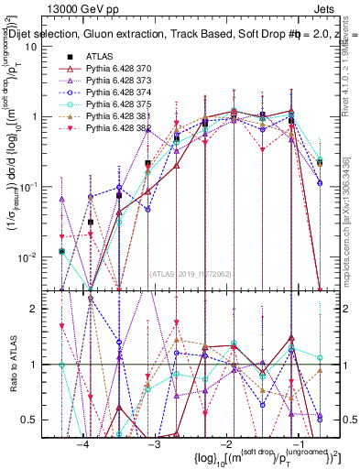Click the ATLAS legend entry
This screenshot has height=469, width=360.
coord(99,57)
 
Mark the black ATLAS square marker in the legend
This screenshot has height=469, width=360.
coord(68,57)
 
